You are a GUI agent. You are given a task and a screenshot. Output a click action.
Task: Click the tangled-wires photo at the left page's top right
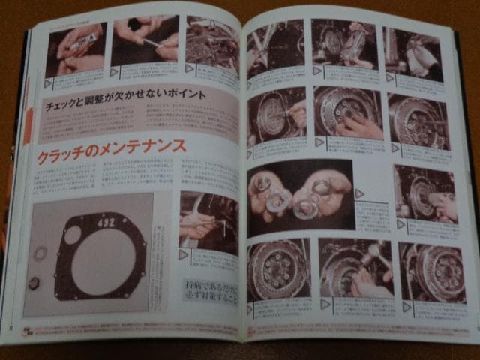[212, 43]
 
